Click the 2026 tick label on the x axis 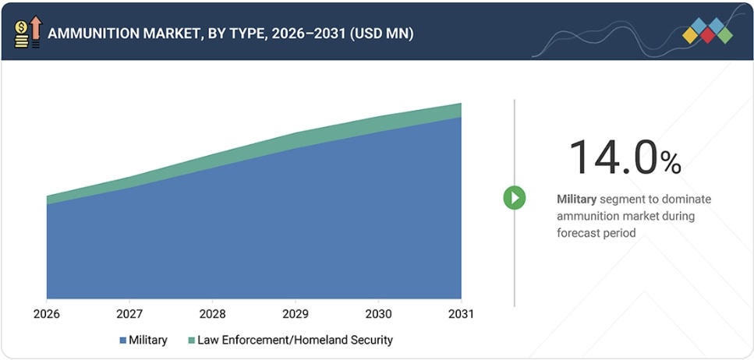(47, 314)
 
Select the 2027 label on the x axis (129, 314)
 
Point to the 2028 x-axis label (212, 314)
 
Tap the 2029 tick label (296, 314)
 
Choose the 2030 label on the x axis (378, 314)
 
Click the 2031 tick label (461, 314)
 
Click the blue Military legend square (122, 341)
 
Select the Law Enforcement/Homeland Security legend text (295, 340)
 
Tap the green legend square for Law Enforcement (191, 341)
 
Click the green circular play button (514, 197)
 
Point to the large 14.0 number (613, 157)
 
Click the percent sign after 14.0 (671, 162)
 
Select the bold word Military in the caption (576, 199)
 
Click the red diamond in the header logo (707, 35)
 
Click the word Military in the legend (148, 340)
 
